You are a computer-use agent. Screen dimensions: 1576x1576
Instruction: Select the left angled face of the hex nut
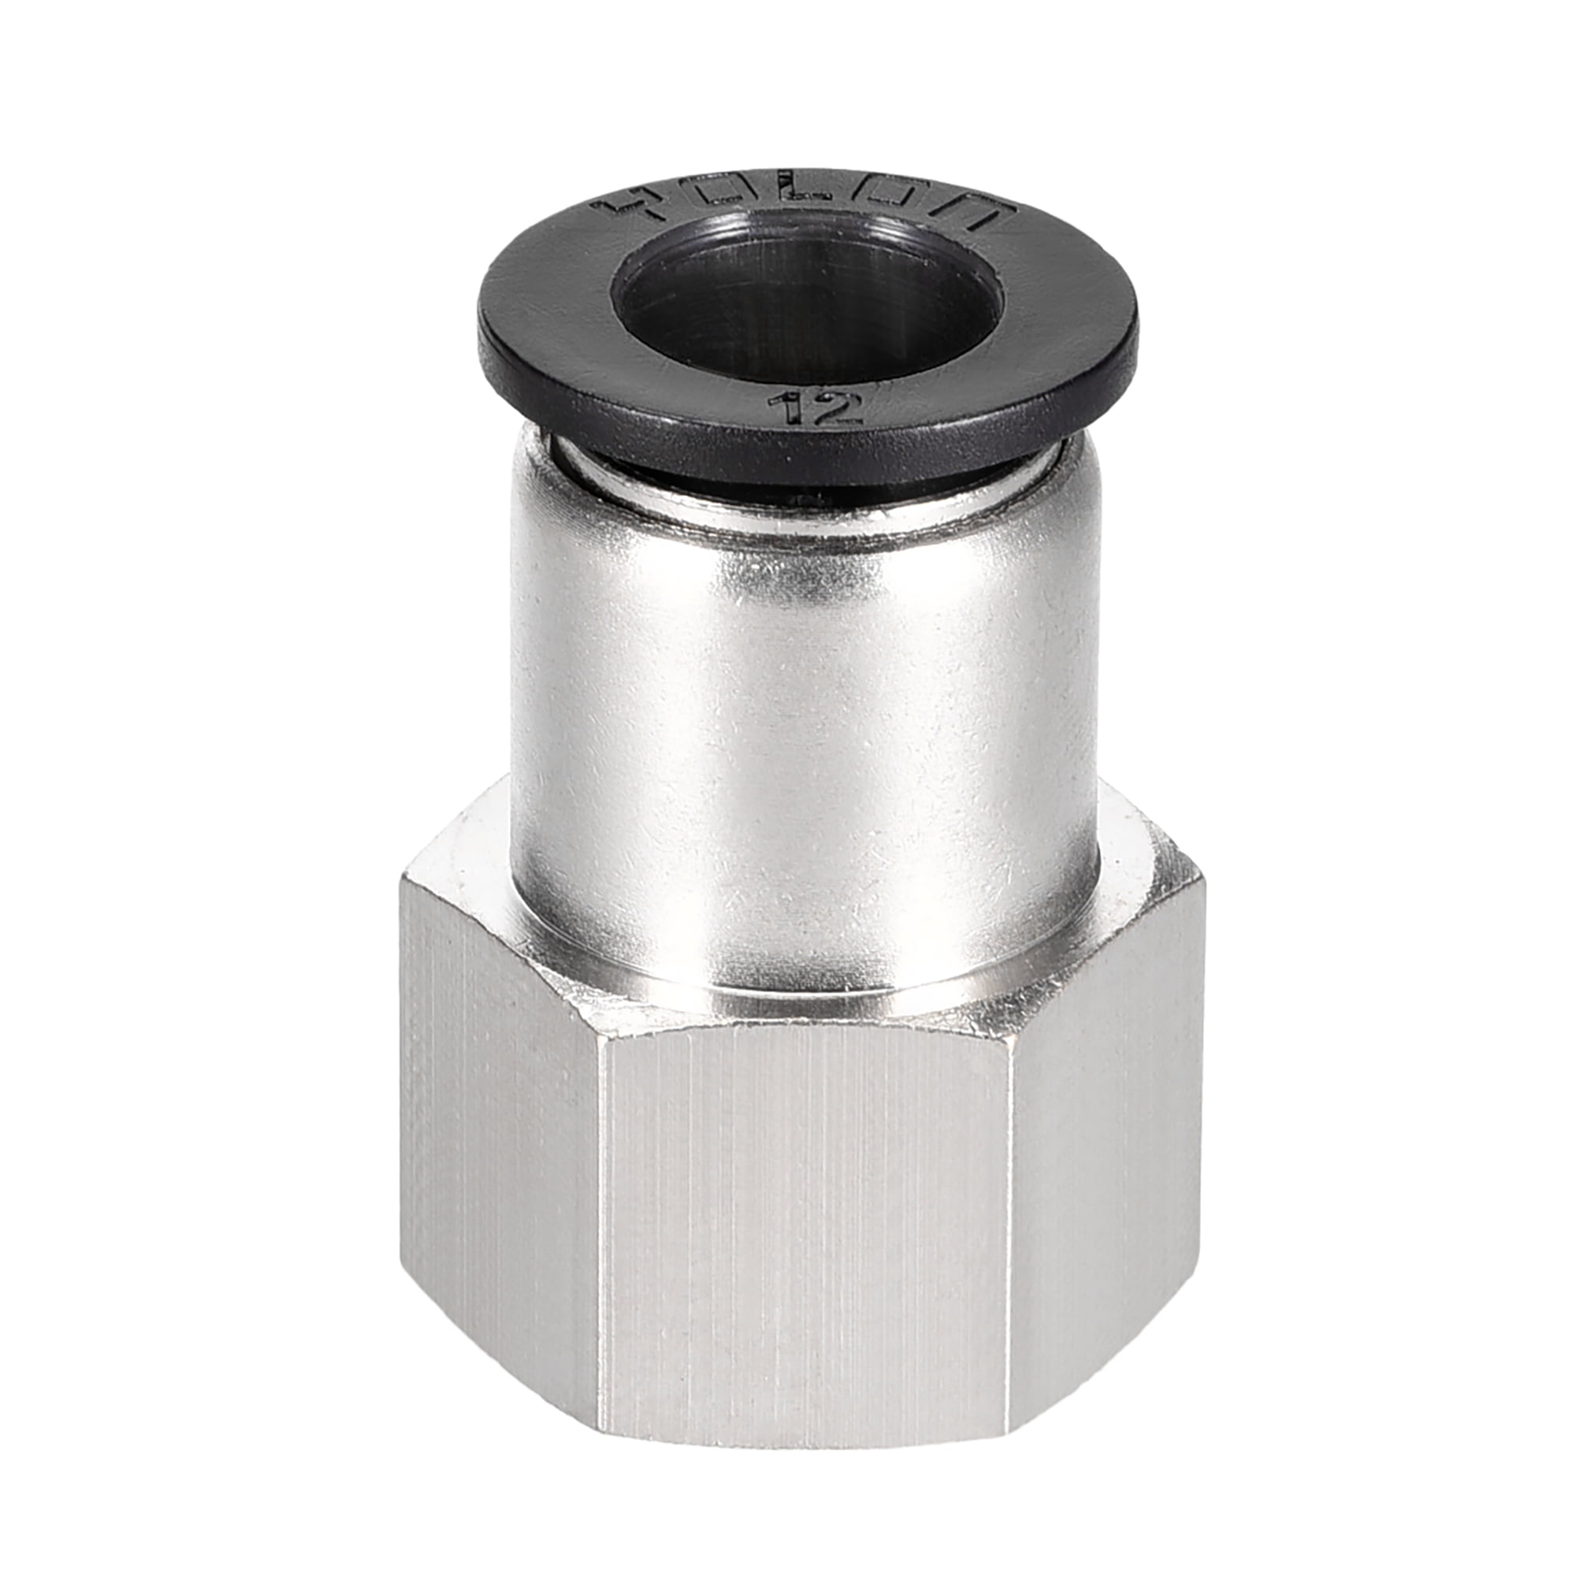(497, 1142)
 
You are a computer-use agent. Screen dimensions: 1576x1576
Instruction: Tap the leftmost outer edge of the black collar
(479, 334)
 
